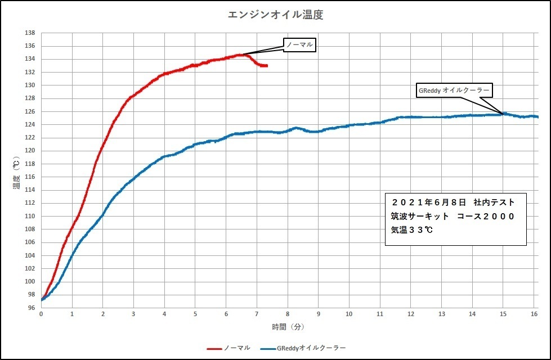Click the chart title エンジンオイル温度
click(275, 15)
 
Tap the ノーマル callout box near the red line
click(299, 45)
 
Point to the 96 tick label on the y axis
click(32, 308)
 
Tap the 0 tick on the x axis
click(41, 313)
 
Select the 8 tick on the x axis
click(288, 313)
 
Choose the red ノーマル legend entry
click(229, 348)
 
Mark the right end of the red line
click(266, 66)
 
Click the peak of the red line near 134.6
click(244, 55)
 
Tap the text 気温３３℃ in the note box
click(412, 230)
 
